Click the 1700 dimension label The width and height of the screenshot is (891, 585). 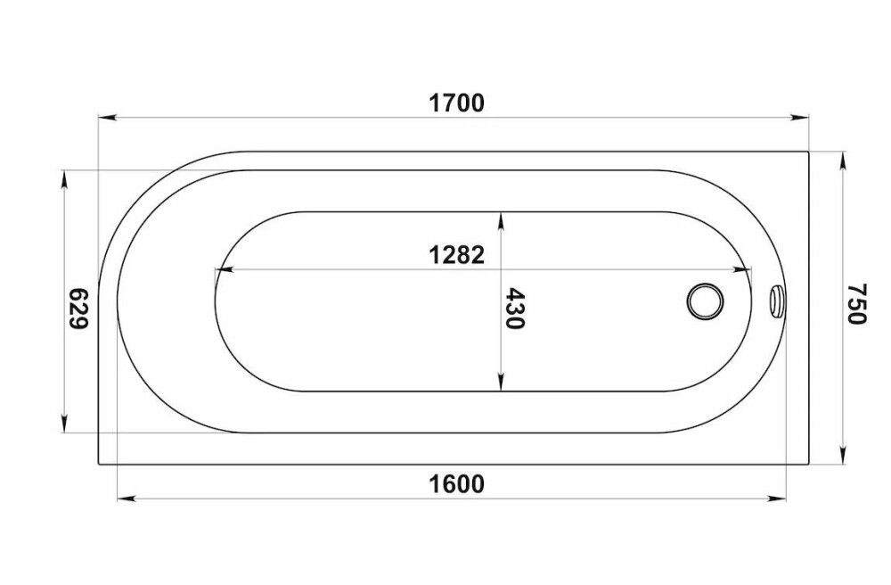click(456, 103)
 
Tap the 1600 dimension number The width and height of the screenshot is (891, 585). click(456, 484)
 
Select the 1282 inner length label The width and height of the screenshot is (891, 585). click(456, 255)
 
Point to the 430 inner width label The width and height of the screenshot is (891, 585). click(515, 309)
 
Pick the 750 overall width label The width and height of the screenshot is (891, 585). click(855, 303)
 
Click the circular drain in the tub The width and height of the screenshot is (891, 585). click(705, 301)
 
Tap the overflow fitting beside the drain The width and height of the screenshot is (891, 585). click(776, 301)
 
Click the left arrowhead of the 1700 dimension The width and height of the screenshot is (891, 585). click(108, 118)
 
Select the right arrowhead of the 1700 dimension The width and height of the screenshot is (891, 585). click(800, 118)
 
